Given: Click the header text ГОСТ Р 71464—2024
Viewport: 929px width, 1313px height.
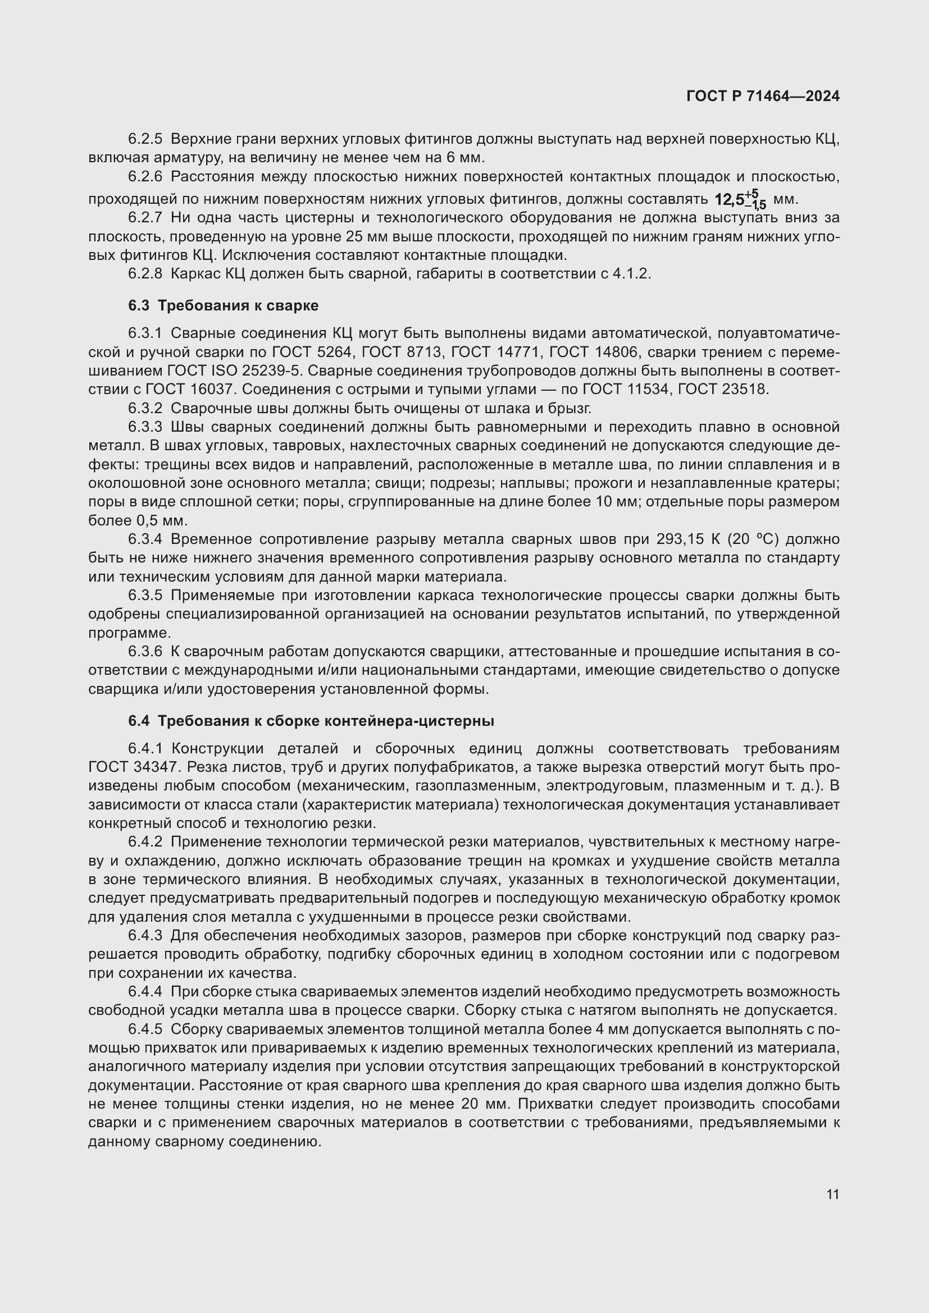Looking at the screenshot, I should (x=763, y=96).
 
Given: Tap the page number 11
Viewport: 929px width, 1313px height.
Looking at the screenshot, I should (x=832, y=1195).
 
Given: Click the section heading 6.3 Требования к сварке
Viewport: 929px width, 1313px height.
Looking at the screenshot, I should (x=223, y=305).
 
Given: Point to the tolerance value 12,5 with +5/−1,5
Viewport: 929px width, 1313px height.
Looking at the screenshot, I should (x=740, y=199).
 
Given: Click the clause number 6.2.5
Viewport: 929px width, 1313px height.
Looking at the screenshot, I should (x=145, y=139).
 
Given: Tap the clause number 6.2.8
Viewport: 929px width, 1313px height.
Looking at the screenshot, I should (x=145, y=273).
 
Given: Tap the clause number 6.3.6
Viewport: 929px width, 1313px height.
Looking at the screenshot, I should (x=145, y=651).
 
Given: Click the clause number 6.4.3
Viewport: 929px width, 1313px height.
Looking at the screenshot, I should (x=145, y=936).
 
